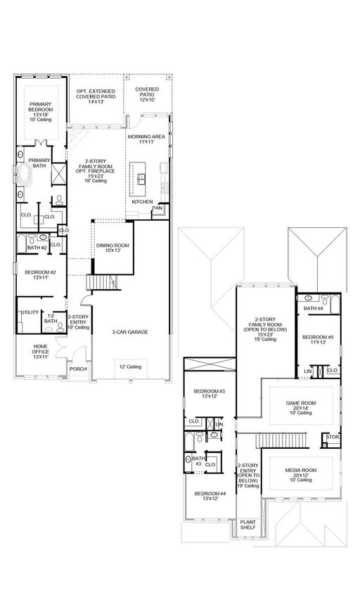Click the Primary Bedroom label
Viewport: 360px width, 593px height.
click(41, 112)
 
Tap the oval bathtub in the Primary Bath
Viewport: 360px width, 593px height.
click(25, 174)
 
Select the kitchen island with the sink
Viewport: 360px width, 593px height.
click(138, 179)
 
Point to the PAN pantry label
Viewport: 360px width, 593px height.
click(157, 208)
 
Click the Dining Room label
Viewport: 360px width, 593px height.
click(112, 248)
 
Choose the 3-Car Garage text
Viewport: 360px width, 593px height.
click(129, 332)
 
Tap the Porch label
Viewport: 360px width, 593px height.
click(78, 369)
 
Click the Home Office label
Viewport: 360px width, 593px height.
click(41, 351)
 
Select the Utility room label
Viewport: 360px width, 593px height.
click(30, 312)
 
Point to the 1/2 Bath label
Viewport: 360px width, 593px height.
click(51, 319)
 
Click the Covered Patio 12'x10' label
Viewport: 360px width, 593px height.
click(147, 94)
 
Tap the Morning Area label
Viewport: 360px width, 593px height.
click(146, 139)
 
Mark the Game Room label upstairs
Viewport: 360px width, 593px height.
click(301, 408)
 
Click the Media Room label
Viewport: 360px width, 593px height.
click(301, 475)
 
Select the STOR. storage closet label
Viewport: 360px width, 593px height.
click(333, 437)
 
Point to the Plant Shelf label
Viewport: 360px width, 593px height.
click(248, 525)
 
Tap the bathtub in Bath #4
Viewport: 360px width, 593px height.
click(335, 305)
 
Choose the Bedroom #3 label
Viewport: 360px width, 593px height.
click(209, 394)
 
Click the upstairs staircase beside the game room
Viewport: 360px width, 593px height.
click(282, 440)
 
